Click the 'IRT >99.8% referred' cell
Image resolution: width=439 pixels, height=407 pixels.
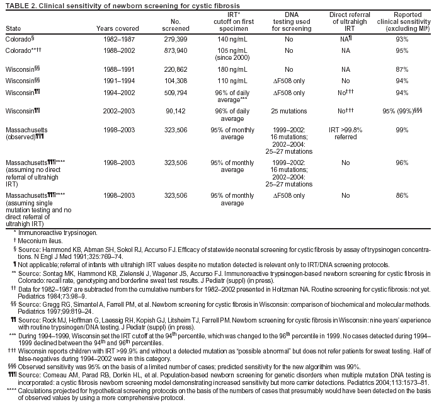pyautogui.click(x=346, y=132)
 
